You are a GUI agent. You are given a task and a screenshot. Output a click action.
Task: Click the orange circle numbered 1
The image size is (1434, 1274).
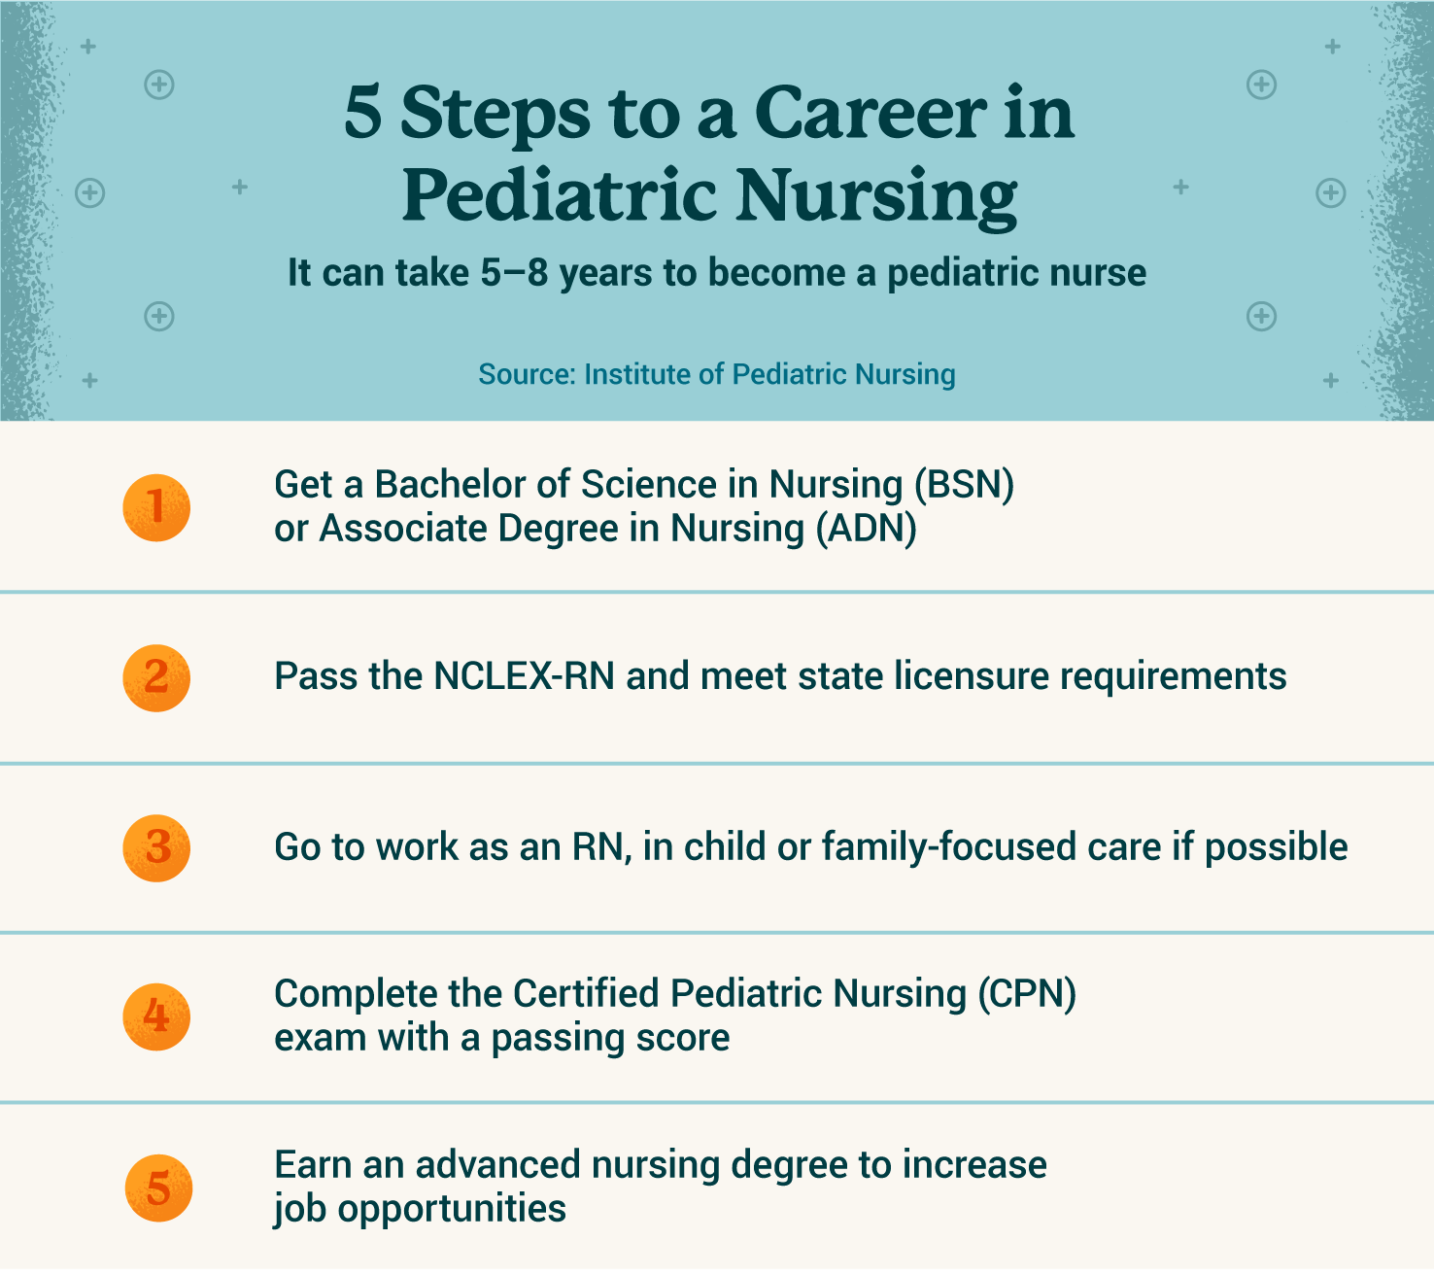click(156, 508)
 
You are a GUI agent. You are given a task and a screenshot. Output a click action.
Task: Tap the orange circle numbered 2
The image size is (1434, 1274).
click(156, 677)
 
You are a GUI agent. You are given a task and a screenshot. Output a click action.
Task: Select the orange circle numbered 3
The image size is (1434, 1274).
click(156, 847)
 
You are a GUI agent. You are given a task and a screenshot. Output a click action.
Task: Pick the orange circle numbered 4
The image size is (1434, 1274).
click(156, 1016)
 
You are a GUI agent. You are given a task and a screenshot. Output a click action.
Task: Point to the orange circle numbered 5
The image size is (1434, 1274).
click(158, 1188)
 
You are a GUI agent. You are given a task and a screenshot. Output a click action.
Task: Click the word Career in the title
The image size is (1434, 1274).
click(871, 113)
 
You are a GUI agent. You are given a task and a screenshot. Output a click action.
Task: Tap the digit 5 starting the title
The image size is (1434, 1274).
click(362, 113)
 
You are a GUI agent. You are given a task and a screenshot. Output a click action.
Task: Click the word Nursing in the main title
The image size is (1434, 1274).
click(876, 194)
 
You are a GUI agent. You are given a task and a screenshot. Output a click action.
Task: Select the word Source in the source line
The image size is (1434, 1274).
click(528, 374)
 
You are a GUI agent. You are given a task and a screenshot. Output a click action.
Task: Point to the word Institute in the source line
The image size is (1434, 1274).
click(637, 374)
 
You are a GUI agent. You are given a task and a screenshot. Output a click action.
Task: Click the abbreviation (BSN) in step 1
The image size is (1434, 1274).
click(964, 486)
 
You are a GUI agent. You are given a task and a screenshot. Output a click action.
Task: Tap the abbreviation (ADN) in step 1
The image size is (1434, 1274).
click(866, 529)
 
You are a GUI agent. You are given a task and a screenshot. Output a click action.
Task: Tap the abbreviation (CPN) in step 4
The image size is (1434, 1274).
click(1026, 993)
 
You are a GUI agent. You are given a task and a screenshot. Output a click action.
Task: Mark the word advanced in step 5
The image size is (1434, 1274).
click(497, 1164)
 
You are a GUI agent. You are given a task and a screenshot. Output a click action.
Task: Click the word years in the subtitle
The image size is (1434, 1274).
click(606, 274)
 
